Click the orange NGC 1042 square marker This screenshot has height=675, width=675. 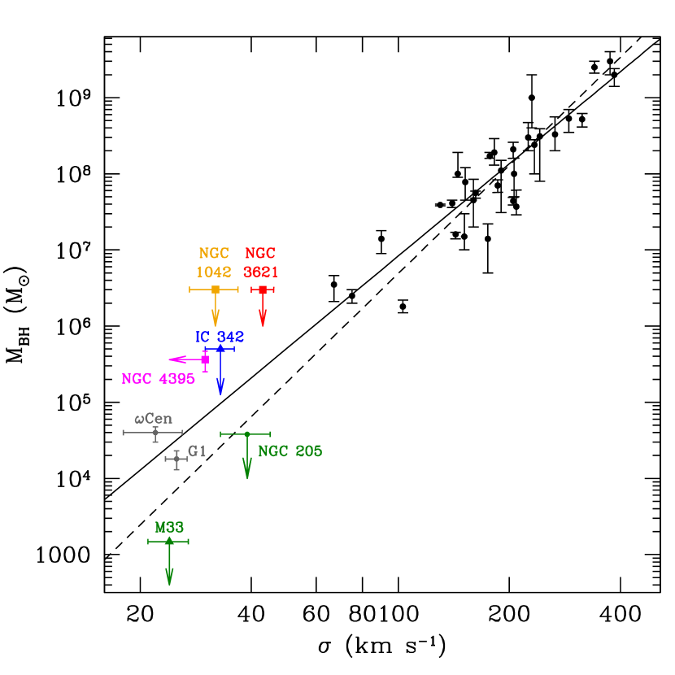pyautogui.click(x=216, y=290)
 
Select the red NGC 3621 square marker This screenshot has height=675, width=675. pyautogui.click(x=263, y=290)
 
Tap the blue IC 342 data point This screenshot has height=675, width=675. pyautogui.click(x=220, y=349)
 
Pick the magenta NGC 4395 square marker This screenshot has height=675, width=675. pyautogui.click(x=205, y=359)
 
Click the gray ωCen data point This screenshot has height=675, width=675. pyautogui.click(x=155, y=433)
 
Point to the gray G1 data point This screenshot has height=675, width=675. pyautogui.click(x=176, y=459)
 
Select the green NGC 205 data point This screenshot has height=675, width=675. pyautogui.click(x=247, y=434)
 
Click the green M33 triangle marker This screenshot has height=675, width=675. pyautogui.click(x=169, y=541)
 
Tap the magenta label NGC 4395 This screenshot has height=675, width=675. pyautogui.click(x=158, y=379)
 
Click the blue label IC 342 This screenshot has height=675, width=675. pyautogui.click(x=220, y=337)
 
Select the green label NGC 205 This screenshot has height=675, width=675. pyautogui.click(x=290, y=451)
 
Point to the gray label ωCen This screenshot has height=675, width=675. pyautogui.click(x=154, y=419)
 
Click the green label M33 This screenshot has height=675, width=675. pyautogui.click(x=169, y=528)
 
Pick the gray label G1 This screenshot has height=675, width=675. pyautogui.click(x=198, y=451)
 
